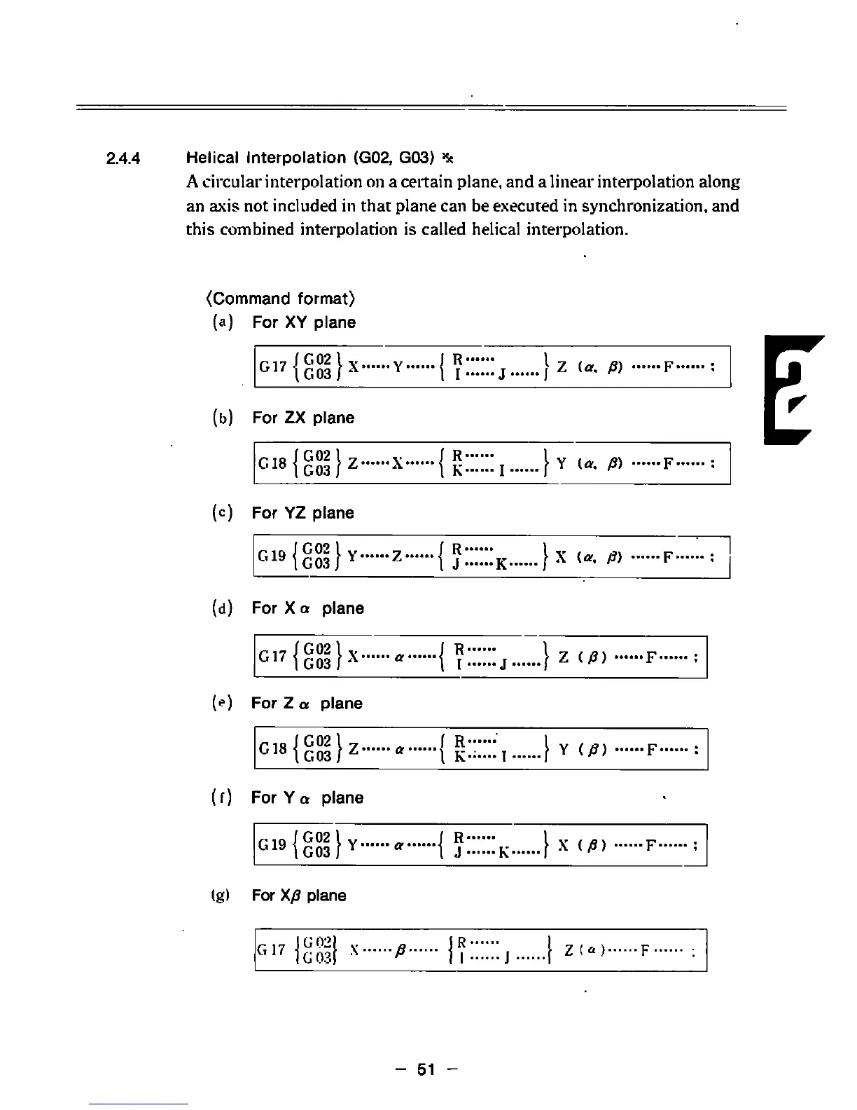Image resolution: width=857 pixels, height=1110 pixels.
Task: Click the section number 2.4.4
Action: coord(123,158)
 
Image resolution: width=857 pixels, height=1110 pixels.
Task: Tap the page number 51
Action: coord(426,1069)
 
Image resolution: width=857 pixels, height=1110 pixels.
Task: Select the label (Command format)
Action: coord(281,299)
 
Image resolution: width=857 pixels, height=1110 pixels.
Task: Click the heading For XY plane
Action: coord(304,322)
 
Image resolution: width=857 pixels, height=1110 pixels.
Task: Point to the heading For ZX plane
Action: coord(303,418)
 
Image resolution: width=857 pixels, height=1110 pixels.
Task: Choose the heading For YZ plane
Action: coord(303,513)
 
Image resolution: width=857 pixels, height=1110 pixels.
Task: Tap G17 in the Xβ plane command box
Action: coord(271,950)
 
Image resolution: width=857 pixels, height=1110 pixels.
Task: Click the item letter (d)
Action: coord(221,608)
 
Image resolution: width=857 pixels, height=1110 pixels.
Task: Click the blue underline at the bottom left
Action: coord(139,1104)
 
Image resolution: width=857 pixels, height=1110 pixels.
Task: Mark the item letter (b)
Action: coord(221,418)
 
